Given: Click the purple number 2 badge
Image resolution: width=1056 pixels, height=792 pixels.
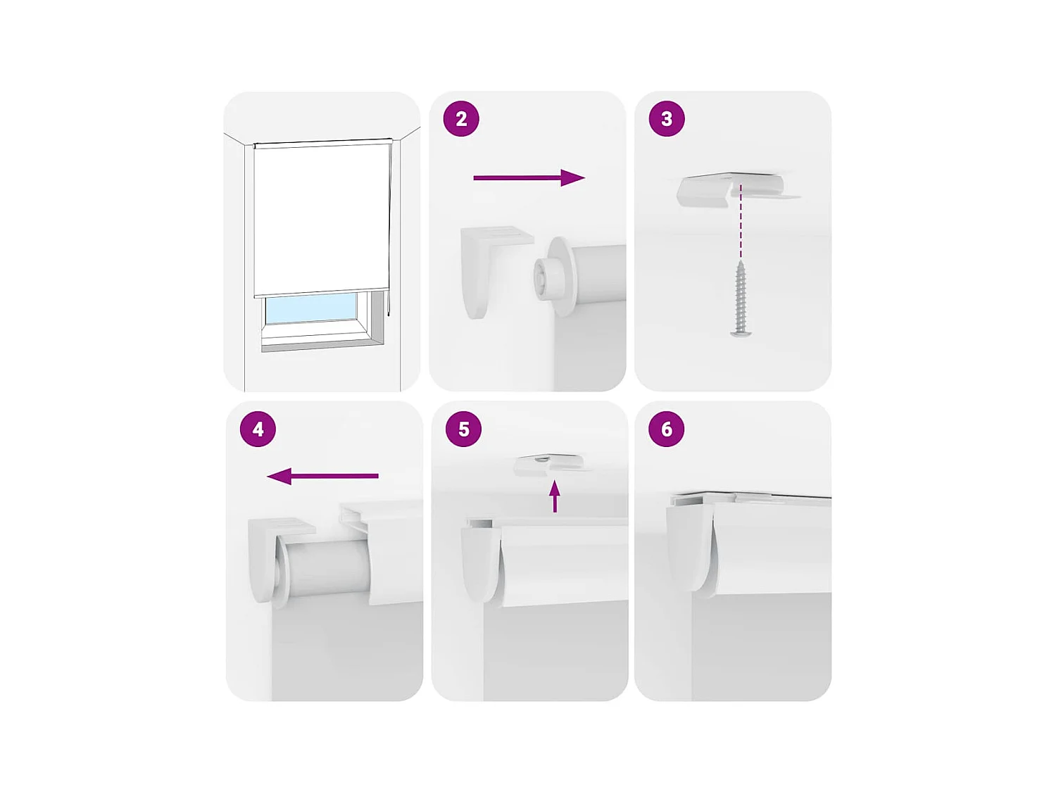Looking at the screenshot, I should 461,119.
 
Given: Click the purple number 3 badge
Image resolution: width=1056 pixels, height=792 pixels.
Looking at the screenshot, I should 666,119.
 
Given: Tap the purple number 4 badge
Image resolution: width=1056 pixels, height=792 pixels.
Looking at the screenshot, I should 258,429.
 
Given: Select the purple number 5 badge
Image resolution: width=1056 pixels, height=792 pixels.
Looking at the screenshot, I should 463,429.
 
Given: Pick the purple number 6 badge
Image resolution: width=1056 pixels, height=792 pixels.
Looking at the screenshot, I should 666,429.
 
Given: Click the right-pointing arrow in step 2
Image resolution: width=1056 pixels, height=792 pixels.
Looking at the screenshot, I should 529,178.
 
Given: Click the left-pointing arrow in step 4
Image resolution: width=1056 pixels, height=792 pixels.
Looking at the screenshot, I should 323,477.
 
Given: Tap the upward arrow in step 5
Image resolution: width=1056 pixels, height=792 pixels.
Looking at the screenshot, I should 555,496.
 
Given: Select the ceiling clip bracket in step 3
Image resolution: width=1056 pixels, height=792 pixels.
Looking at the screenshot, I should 732,190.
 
